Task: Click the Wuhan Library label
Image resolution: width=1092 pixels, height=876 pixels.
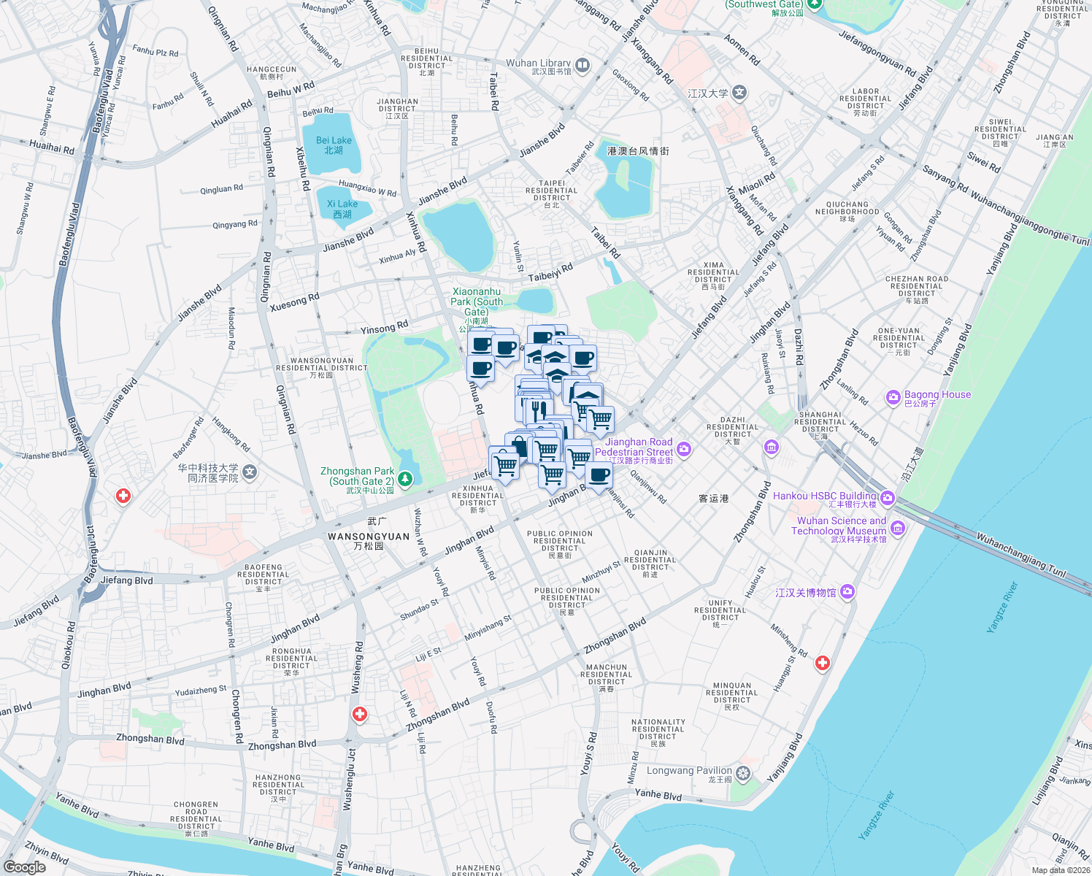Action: pos(539,64)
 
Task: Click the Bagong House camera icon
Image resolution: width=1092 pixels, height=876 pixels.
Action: pos(893,398)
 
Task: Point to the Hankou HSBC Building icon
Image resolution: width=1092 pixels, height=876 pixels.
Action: pos(888,499)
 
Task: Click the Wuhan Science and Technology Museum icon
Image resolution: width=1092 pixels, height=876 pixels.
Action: pos(898,527)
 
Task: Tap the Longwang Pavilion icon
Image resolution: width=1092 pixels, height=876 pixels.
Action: pos(743,774)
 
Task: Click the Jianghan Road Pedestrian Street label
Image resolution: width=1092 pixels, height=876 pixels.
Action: pos(634,447)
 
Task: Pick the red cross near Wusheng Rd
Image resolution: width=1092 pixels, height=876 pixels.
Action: pos(359,715)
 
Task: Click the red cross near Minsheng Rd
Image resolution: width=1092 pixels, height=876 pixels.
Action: pos(823,663)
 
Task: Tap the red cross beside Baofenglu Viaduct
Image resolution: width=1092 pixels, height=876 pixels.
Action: pos(123,496)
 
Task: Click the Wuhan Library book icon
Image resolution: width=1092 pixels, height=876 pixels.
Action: pos(582,66)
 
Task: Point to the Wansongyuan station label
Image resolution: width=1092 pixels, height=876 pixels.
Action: pos(369,537)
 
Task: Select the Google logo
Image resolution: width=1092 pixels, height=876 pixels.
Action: pos(25,867)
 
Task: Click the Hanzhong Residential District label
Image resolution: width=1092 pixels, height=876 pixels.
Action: pos(278,785)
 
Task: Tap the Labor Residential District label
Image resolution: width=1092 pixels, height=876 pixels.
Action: pos(865,99)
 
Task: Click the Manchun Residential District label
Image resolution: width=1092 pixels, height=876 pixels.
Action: pos(607,675)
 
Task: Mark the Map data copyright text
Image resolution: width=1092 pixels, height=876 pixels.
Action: pos(1061,870)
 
